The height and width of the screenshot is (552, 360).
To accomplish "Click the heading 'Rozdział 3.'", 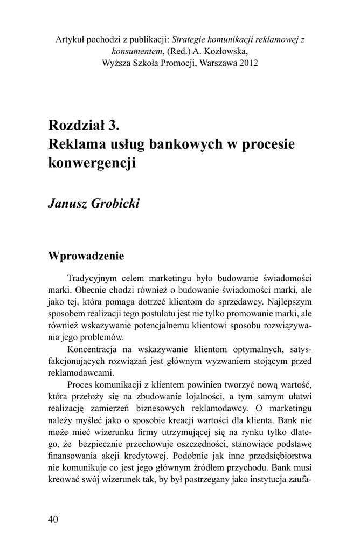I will [x=82, y=126].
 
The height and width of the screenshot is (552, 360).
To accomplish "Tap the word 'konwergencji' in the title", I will [x=91, y=163].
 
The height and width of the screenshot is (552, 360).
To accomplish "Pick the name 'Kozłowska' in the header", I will [x=230, y=51].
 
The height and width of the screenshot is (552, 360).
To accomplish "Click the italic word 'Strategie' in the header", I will [x=189, y=39].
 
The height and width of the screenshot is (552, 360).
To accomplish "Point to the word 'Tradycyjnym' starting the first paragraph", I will [x=94, y=278].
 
